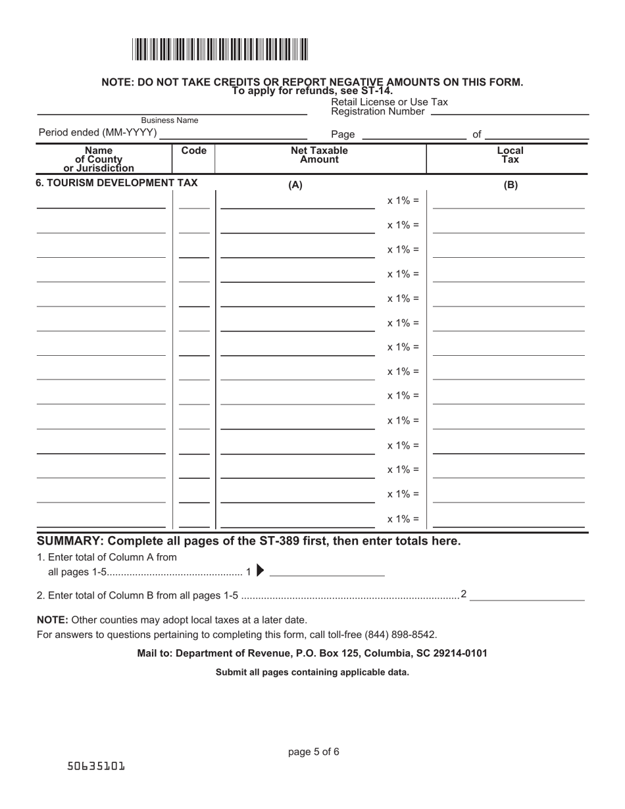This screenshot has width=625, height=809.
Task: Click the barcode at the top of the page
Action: (220, 50)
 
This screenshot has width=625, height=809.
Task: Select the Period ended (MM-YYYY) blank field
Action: (233, 134)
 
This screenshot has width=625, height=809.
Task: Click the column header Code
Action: (193, 151)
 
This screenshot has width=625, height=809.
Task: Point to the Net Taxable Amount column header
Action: (320, 155)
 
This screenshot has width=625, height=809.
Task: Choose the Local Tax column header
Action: (510, 155)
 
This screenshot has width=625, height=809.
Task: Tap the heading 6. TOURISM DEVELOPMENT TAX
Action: (116, 183)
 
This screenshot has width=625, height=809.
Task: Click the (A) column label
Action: (295, 185)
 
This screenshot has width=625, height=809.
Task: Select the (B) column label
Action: (511, 185)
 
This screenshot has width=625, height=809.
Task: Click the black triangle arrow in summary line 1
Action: (261, 571)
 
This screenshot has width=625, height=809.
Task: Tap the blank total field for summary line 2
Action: (527, 595)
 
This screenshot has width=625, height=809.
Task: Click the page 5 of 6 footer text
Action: (314, 752)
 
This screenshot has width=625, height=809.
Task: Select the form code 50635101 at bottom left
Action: (96, 766)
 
